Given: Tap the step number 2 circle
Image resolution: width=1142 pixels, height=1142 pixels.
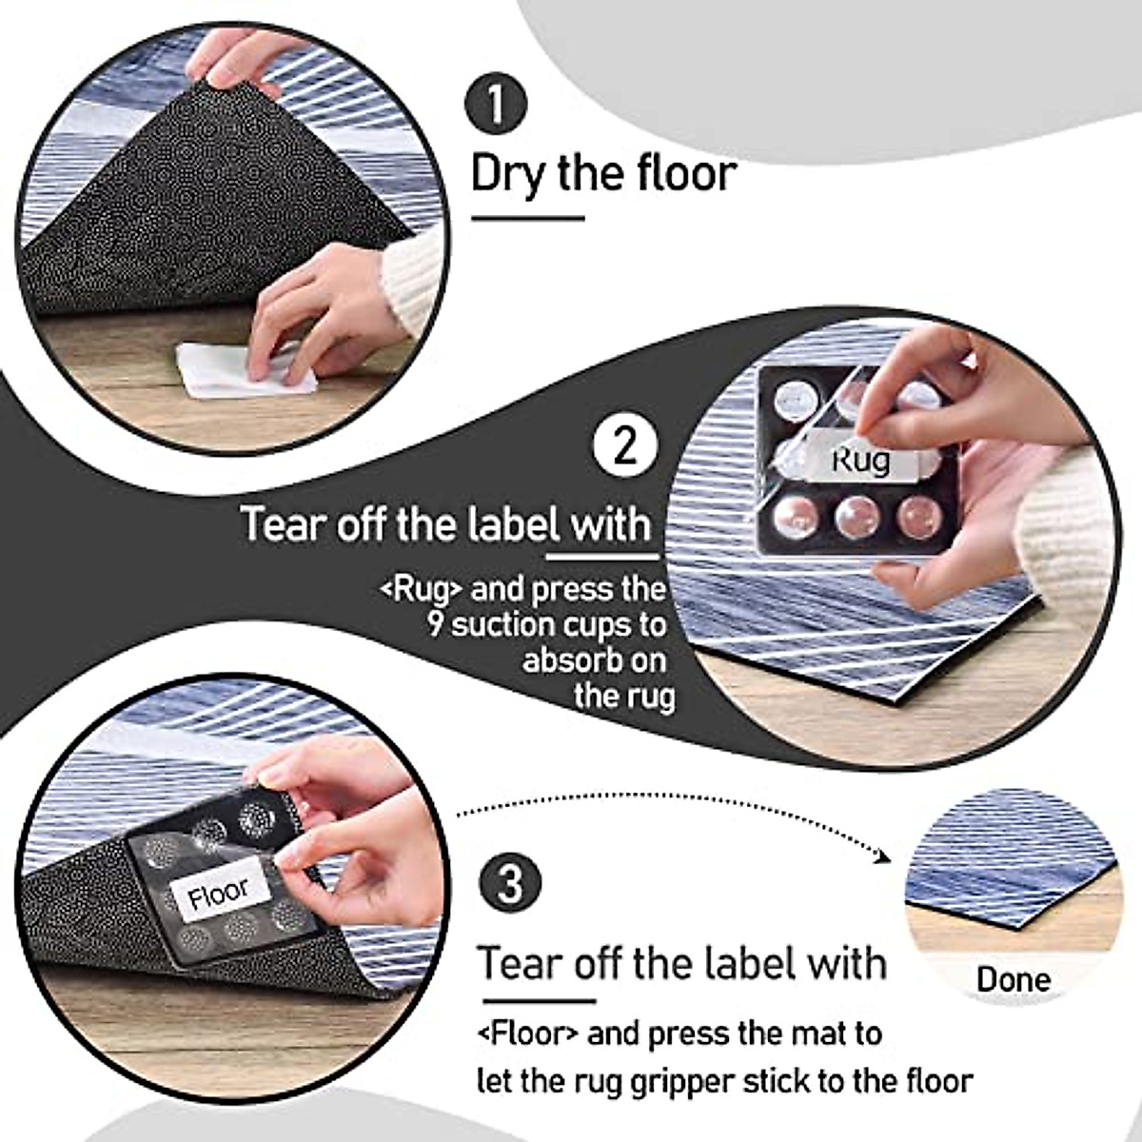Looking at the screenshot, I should [624, 445].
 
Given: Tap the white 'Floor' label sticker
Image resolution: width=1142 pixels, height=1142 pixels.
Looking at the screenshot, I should [218, 895].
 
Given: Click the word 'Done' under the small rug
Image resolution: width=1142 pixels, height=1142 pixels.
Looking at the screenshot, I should [1013, 979].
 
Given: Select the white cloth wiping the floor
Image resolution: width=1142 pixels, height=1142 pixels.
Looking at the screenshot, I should [246, 372].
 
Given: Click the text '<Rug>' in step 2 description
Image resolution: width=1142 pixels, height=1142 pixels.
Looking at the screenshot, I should [422, 589].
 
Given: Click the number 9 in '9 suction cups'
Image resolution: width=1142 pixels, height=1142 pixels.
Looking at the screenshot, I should [435, 625].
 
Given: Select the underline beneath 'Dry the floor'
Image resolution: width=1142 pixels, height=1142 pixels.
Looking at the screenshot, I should [528, 219].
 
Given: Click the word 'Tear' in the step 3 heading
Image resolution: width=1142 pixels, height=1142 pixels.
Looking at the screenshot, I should [519, 963].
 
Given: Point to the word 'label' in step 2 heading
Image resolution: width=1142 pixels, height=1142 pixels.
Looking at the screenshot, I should [512, 524].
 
